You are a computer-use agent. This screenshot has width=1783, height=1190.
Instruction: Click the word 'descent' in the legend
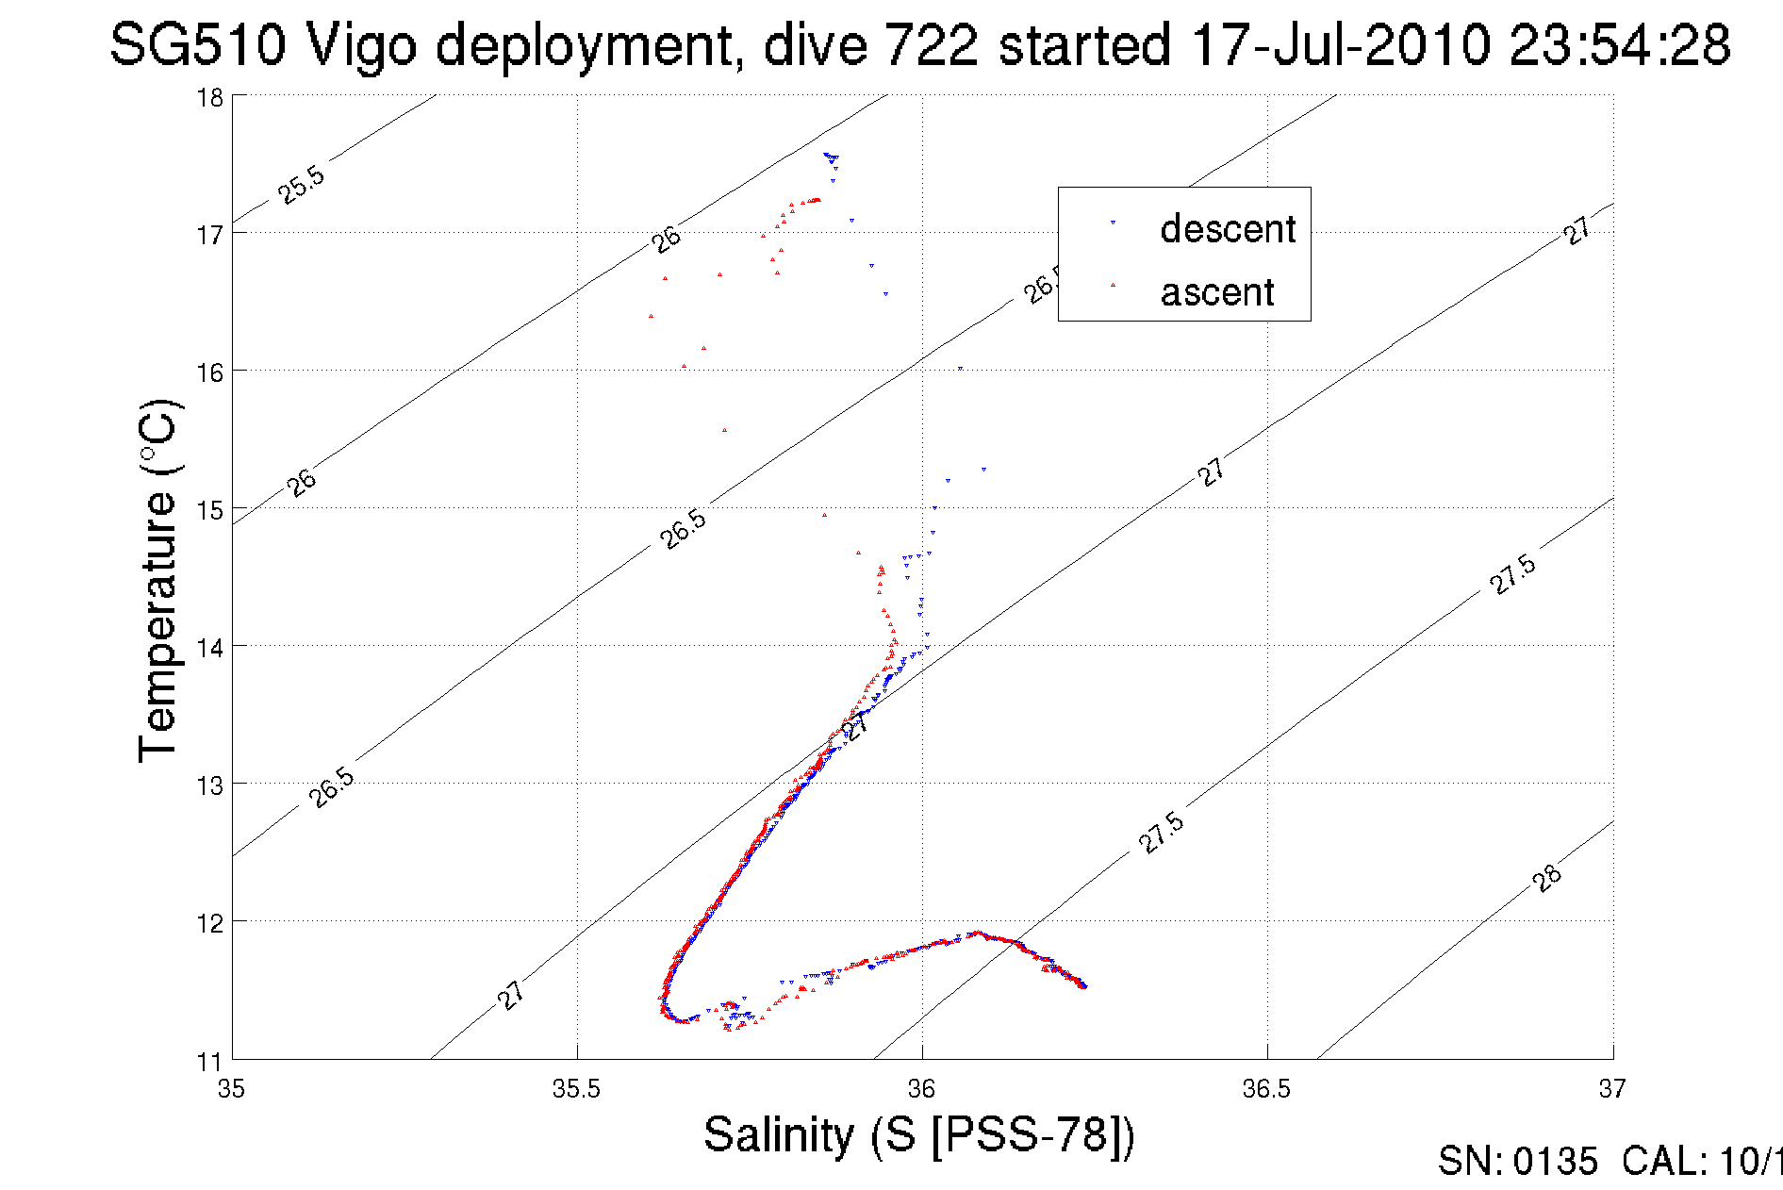click(1228, 229)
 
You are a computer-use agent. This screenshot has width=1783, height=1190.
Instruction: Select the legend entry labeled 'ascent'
click(1217, 292)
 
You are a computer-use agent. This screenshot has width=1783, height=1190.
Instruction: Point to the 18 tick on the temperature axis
click(210, 98)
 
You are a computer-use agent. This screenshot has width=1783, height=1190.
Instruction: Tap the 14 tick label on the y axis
click(210, 648)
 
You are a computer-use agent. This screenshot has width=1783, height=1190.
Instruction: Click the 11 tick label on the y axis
click(209, 1062)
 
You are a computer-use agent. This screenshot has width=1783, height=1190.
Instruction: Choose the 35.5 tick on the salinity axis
click(576, 1089)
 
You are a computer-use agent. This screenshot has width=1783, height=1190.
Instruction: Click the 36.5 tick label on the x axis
click(1266, 1089)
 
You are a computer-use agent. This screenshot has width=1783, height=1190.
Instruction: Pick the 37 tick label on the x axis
click(1612, 1089)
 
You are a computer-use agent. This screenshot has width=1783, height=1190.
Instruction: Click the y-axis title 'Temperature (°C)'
click(158, 581)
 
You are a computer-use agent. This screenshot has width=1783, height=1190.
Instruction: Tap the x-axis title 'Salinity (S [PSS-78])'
click(919, 1134)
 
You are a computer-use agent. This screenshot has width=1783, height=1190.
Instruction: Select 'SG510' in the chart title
click(197, 44)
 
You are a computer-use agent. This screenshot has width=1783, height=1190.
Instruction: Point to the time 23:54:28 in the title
click(1620, 44)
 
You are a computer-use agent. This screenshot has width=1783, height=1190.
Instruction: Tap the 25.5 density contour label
click(301, 185)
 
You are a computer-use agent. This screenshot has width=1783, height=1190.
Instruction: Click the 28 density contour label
click(1546, 878)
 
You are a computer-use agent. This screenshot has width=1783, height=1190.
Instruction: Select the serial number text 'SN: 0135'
click(1517, 1162)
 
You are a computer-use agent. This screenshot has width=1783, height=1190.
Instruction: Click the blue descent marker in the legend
click(1113, 223)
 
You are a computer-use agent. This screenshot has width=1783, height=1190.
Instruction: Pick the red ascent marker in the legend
click(1113, 284)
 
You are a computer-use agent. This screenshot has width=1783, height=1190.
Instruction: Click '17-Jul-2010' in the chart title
click(1340, 44)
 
